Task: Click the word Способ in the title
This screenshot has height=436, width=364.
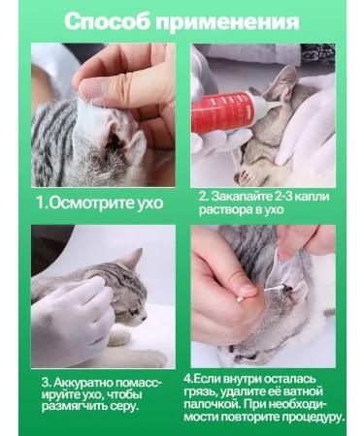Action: point(110,22)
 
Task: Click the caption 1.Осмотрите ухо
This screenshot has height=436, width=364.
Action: point(100,203)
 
